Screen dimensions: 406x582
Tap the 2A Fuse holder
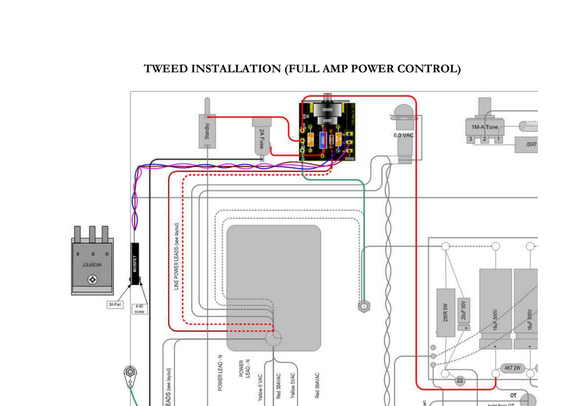click(x=262, y=138)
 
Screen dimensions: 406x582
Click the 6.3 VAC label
click(x=404, y=135)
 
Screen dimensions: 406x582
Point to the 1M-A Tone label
click(x=484, y=127)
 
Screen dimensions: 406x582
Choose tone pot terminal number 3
click(x=471, y=139)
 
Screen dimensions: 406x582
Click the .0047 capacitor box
click(x=529, y=144)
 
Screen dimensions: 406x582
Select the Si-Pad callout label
click(x=114, y=305)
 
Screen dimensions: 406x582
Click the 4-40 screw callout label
click(x=139, y=308)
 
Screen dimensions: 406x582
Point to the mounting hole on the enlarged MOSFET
click(x=92, y=279)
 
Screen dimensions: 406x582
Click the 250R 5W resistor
click(x=446, y=313)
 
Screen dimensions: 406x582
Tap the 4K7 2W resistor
click(x=512, y=368)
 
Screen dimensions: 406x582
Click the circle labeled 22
click(x=459, y=380)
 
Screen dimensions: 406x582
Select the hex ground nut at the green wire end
click(x=363, y=306)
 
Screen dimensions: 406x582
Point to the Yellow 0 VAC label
click(x=260, y=387)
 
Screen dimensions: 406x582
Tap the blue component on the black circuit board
click(x=322, y=140)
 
